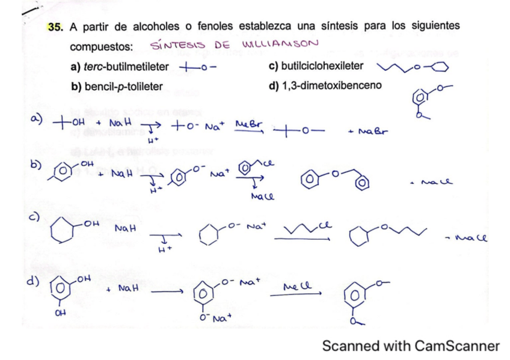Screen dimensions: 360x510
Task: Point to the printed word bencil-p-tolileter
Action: point(117,86)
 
